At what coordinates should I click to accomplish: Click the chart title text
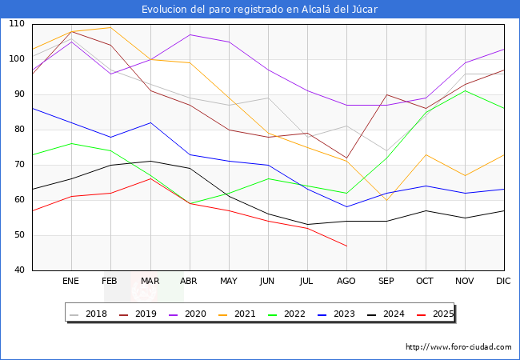[259, 10]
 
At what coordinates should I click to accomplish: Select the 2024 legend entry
[393, 314]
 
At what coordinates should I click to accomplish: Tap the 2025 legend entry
[441, 314]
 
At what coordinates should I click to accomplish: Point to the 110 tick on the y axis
[16, 24]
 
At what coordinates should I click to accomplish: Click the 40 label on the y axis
[18, 270]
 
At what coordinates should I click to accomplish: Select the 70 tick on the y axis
[18, 165]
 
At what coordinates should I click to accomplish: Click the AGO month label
[346, 282]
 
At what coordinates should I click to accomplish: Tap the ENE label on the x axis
[71, 282]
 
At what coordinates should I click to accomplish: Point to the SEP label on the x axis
[386, 282]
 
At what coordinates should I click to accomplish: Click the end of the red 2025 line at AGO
[346, 246]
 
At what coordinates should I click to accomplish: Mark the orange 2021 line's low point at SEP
[386, 200]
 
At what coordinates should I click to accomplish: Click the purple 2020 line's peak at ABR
[190, 34]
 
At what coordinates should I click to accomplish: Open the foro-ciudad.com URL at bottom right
[458, 347]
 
